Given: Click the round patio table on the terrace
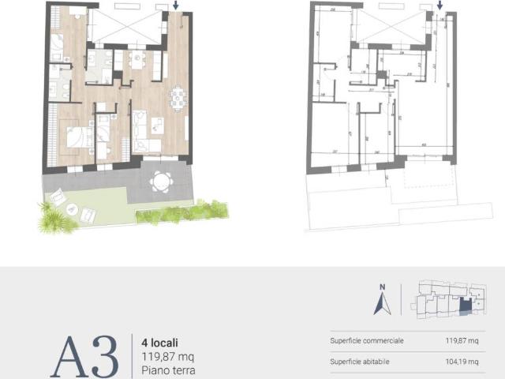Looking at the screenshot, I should tap(160, 182).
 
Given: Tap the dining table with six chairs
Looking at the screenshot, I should tap(178, 99).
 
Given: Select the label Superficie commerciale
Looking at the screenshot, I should tap(367, 341).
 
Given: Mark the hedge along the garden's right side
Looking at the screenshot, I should tap(181, 211).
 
